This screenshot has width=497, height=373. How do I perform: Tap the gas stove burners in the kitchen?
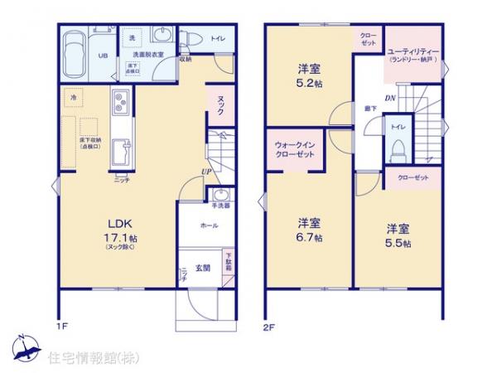pos(121,105)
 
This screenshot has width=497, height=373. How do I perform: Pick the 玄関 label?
pos(202,266)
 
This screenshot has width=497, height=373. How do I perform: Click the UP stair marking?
pos(203,172)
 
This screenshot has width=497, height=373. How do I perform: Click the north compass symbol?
pos(24,349)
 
